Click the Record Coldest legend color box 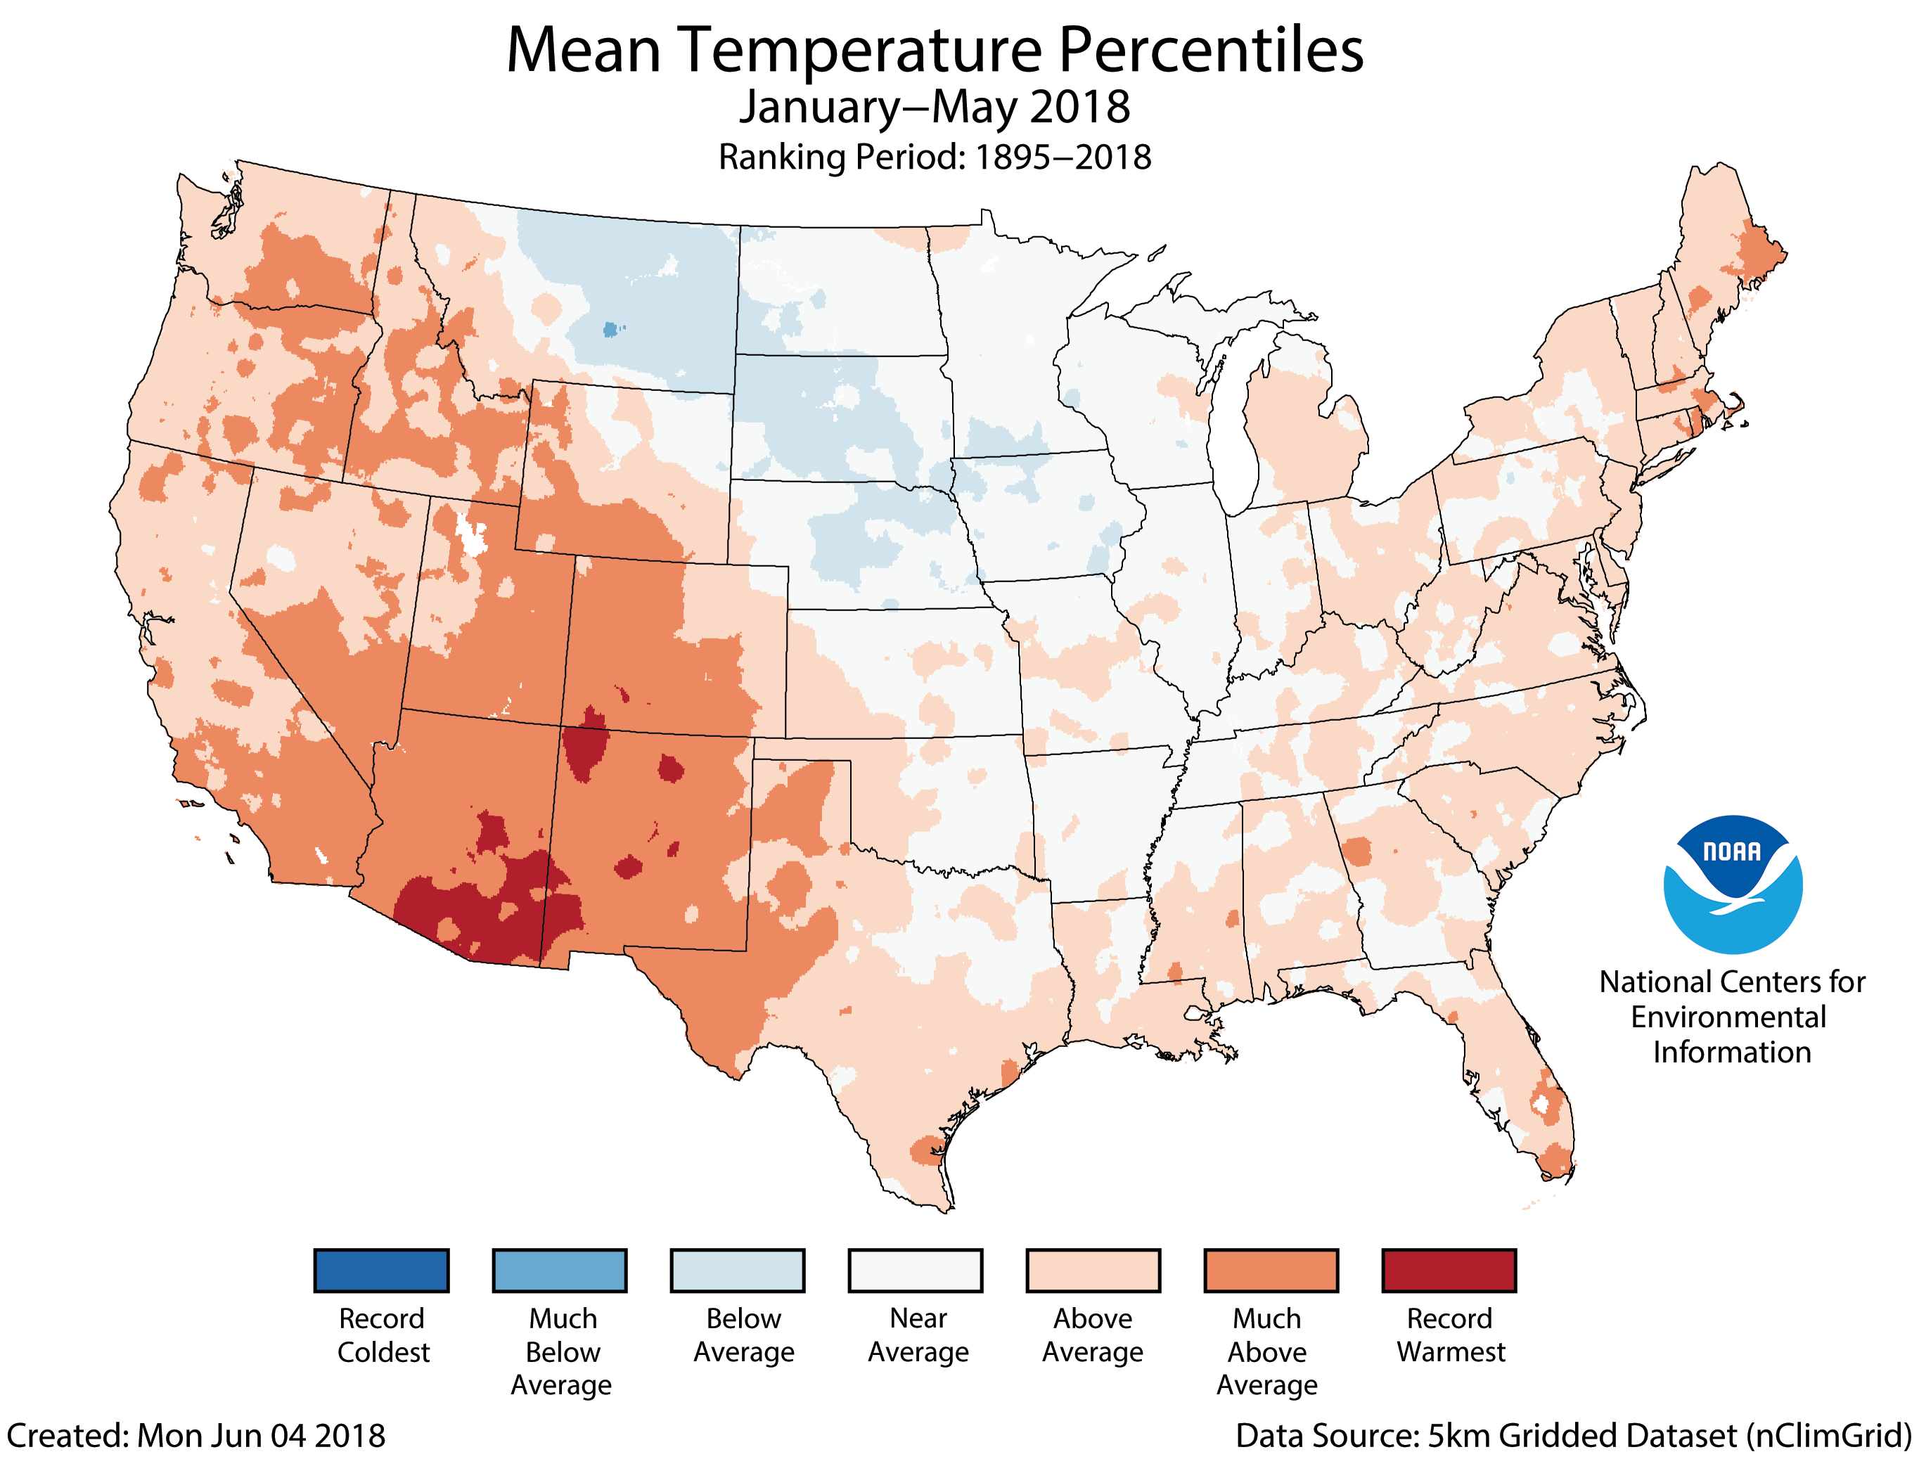click(381, 1271)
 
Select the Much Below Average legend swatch click(559, 1271)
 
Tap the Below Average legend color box click(737, 1271)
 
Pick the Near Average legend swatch click(916, 1271)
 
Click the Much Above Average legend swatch click(1271, 1271)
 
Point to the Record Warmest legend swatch click(1449, 1271)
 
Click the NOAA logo click(1733, 884)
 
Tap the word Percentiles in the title click(1212, 51)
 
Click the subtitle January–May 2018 click(935, 108)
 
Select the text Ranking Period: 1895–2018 click(935, 158)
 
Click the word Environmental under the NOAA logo click(1728, 1017)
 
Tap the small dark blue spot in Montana click(611, 330)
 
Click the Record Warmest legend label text click(1450, 1335)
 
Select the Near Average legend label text click(918, 1335)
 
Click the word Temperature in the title click(859, 51)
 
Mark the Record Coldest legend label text click(383, 1335)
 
